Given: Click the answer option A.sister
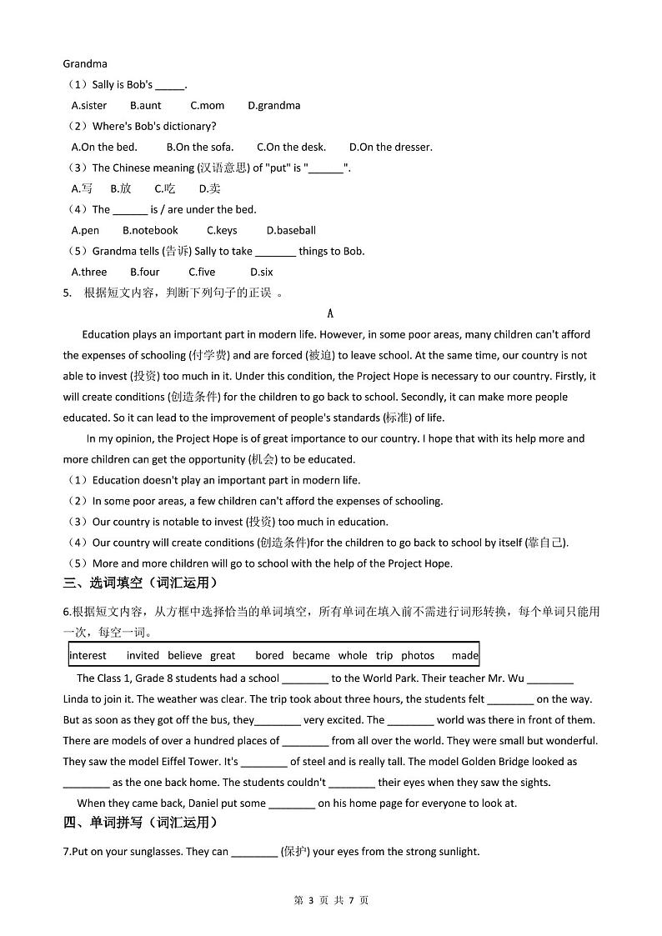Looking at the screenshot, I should [89, 106].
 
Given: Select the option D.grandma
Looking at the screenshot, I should [273, 106].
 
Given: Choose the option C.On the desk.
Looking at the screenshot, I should [291, 148].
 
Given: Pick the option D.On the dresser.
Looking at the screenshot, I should [390, 148].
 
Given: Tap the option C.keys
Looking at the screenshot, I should [221, 231].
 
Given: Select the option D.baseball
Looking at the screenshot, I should [291, 231].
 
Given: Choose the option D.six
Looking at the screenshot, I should [261, 273].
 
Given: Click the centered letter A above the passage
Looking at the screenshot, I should [330, 314].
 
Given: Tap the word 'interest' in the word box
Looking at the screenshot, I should [88, 656].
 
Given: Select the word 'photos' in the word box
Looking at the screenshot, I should [418, 656].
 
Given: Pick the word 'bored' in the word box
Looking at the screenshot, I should [269, 656].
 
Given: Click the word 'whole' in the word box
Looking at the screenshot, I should [353, 656].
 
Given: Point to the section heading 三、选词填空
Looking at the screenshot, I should [140, 583].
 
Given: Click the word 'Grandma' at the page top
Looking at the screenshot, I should [84, 63].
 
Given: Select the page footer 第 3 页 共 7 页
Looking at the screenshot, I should [331, 900].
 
